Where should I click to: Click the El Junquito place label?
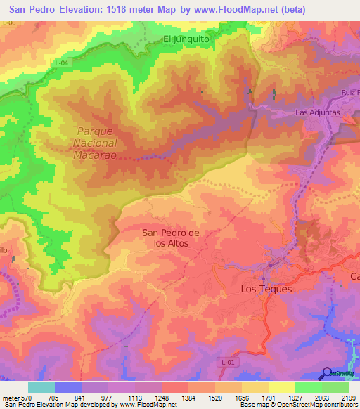click(186, 39)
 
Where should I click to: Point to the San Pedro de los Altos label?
click(172, 238)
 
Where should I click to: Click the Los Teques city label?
click(266, 289)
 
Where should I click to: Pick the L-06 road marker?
click(9, 23)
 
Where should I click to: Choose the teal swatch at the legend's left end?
click(41, 387)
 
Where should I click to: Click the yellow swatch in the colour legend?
click(281, 387)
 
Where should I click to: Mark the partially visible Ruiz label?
click(349, 92)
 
